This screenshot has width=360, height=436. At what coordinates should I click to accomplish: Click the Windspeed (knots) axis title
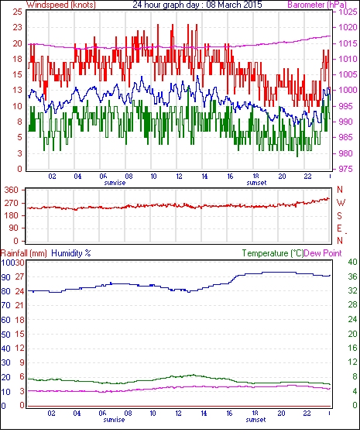pos(61,5)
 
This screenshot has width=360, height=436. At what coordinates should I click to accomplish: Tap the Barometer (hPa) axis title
pos(317,5)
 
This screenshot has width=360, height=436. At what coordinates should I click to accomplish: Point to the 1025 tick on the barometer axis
pos(348,12)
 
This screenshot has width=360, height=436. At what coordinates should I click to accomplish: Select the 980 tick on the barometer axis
pos(345,153)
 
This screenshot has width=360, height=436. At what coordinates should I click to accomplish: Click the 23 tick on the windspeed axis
pos(18,27)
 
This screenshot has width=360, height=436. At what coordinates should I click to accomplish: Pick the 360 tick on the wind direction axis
pos(12,191)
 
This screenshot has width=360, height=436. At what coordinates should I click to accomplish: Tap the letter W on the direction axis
pos(341,202)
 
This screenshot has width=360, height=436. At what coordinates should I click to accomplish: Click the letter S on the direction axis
pos(339,216)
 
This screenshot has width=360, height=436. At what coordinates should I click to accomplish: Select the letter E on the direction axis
pos(339,228)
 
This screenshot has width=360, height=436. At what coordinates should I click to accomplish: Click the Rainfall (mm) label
pos(24,253)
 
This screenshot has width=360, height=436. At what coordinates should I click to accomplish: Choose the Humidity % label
pos(71,253)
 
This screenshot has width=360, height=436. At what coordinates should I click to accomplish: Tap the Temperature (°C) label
pos(273,253)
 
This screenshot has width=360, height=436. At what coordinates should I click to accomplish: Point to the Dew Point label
pos(323,253)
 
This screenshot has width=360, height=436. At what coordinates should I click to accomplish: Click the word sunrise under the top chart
pos(115,183)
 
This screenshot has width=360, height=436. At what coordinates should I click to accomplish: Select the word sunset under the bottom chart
pos(255,420)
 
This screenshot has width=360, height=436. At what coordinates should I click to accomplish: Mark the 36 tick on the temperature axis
pos(352,276)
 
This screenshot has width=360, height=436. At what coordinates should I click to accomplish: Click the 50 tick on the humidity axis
pos(5,335)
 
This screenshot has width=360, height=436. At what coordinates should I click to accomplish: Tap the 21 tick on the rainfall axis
pos(19,306)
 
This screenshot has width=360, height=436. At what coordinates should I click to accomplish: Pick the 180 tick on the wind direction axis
pos(12,215)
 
